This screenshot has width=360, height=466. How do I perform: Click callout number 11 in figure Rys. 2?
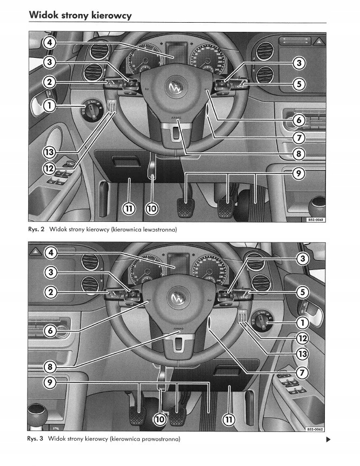pyautogui.click(x=130, y=207)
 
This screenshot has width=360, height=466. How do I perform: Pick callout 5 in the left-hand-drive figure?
pyautogui.click(x=298, y=84)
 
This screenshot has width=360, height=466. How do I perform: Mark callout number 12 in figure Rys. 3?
pyautogui.click(x=302, y=339)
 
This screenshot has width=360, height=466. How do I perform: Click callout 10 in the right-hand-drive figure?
pyautogui.click(x=161, y=418)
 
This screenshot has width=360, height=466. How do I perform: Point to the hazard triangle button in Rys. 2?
pyautogui.click(x=319, y=41)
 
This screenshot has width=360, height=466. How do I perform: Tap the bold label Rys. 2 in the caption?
pyautogui.click(x=36, y=229)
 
